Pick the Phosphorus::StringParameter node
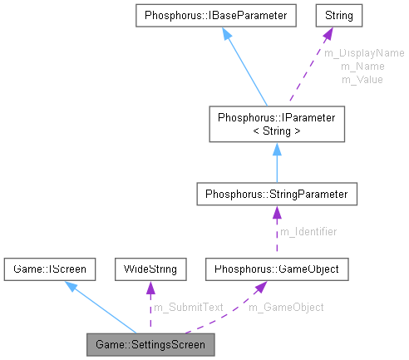(x=277, y=194)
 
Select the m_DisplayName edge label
(x=363, y=53)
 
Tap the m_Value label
(x=362, y=79)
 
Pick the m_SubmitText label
(x=189, y=307)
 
